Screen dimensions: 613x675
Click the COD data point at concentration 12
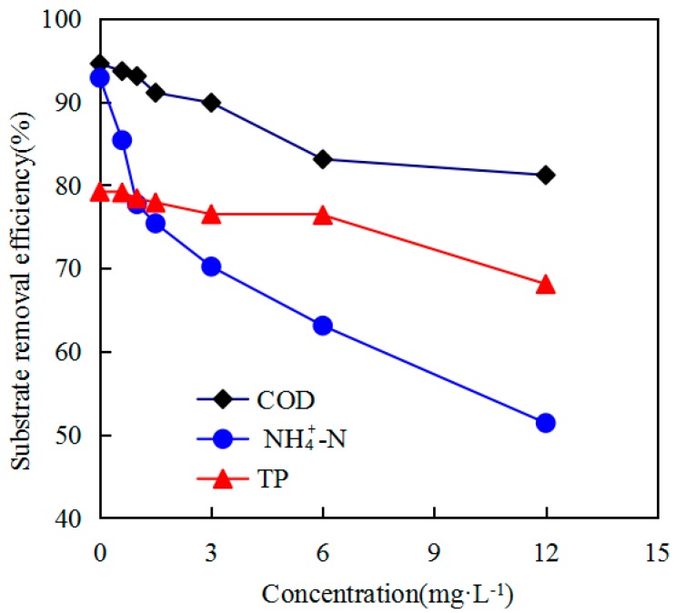pos(546,175)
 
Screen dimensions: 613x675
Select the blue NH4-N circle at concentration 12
pos(546,423)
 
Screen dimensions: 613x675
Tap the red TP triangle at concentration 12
pos(546,285)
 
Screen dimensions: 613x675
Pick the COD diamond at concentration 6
pos(323,159)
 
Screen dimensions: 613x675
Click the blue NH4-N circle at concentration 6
pos(323,326)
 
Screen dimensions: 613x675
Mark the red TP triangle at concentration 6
pos(323,215)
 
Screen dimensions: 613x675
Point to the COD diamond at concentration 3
pos(211,103)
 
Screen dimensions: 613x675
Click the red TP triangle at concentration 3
pos(211,215)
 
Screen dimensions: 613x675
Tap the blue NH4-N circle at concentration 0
pos(100,78)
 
